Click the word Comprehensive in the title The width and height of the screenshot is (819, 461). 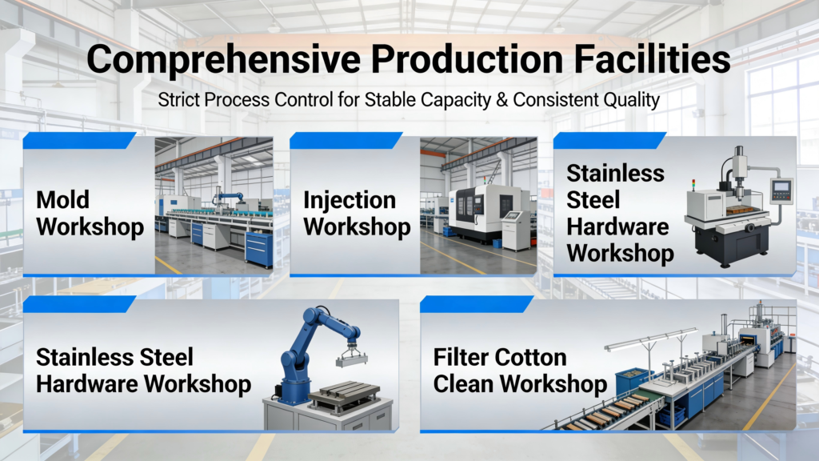(x=223, y=60)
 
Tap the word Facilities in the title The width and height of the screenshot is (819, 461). (x=652, y=58)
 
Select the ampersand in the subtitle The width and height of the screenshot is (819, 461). (x=501, y=100)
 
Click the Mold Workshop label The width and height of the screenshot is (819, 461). (x=90, y=213)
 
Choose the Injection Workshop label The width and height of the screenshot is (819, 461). (x=357, y=213)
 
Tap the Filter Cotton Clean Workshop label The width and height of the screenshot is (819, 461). (x=520, y=371)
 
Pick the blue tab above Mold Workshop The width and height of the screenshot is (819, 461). (x=79, y=141)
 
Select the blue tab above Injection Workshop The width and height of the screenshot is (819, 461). (x=346, y=141)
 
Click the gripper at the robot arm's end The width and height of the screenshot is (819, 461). (x=351, y=355)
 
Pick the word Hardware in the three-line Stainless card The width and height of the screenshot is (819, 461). (x=617, y=226)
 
